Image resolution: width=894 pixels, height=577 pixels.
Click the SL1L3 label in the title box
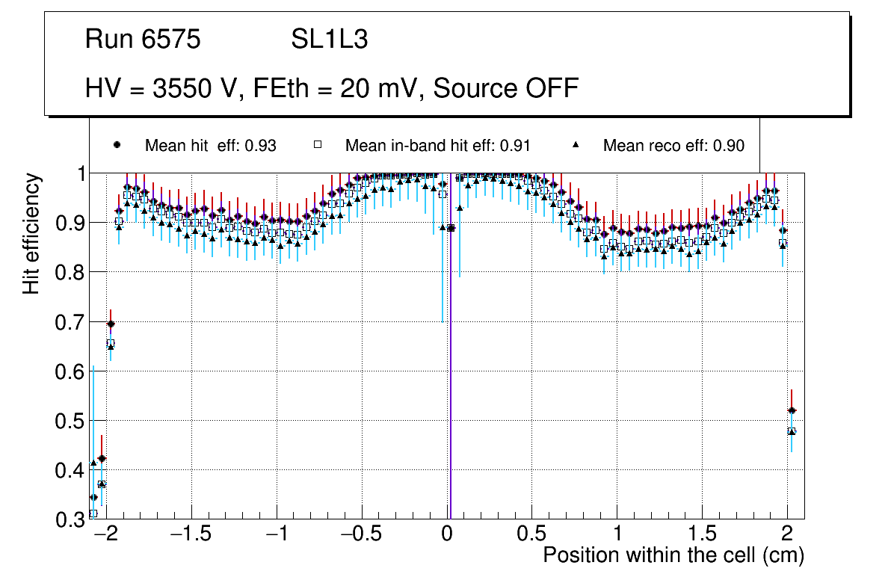(329, 40)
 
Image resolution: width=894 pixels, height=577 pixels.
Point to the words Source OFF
(506, 88)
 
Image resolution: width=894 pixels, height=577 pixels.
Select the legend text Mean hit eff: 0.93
(211, 145)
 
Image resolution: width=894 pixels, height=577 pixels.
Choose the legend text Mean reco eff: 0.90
(673, 145)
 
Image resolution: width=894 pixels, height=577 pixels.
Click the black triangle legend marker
(576, 144)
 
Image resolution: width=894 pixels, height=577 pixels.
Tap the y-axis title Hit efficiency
(31, 233)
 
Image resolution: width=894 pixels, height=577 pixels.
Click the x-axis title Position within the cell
(673, 555)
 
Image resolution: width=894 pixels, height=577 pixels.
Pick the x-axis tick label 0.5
(531, 535)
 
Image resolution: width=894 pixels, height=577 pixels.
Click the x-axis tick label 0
(446, 535)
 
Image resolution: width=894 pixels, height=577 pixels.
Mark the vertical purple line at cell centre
(451, 374)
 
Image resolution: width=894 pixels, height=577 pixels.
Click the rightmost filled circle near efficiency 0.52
(792, 410)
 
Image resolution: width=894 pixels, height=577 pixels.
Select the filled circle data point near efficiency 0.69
(111, 324)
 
